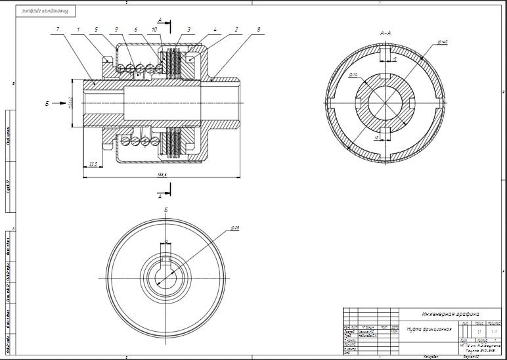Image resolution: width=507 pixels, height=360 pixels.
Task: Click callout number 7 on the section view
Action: [58, 30]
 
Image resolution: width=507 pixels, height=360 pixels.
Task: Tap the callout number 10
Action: [154, 30]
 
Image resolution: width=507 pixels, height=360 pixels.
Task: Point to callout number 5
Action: [96, 30]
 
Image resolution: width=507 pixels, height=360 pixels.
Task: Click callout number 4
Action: [214, 30]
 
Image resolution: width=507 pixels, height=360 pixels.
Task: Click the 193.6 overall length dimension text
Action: [161, 173]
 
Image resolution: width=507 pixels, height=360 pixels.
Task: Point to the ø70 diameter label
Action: [353, 76]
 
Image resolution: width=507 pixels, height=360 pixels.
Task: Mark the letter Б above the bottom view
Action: [165, 210]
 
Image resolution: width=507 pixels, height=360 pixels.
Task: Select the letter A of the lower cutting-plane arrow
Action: [160, 196]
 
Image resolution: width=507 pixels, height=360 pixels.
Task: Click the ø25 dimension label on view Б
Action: [234, 228]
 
